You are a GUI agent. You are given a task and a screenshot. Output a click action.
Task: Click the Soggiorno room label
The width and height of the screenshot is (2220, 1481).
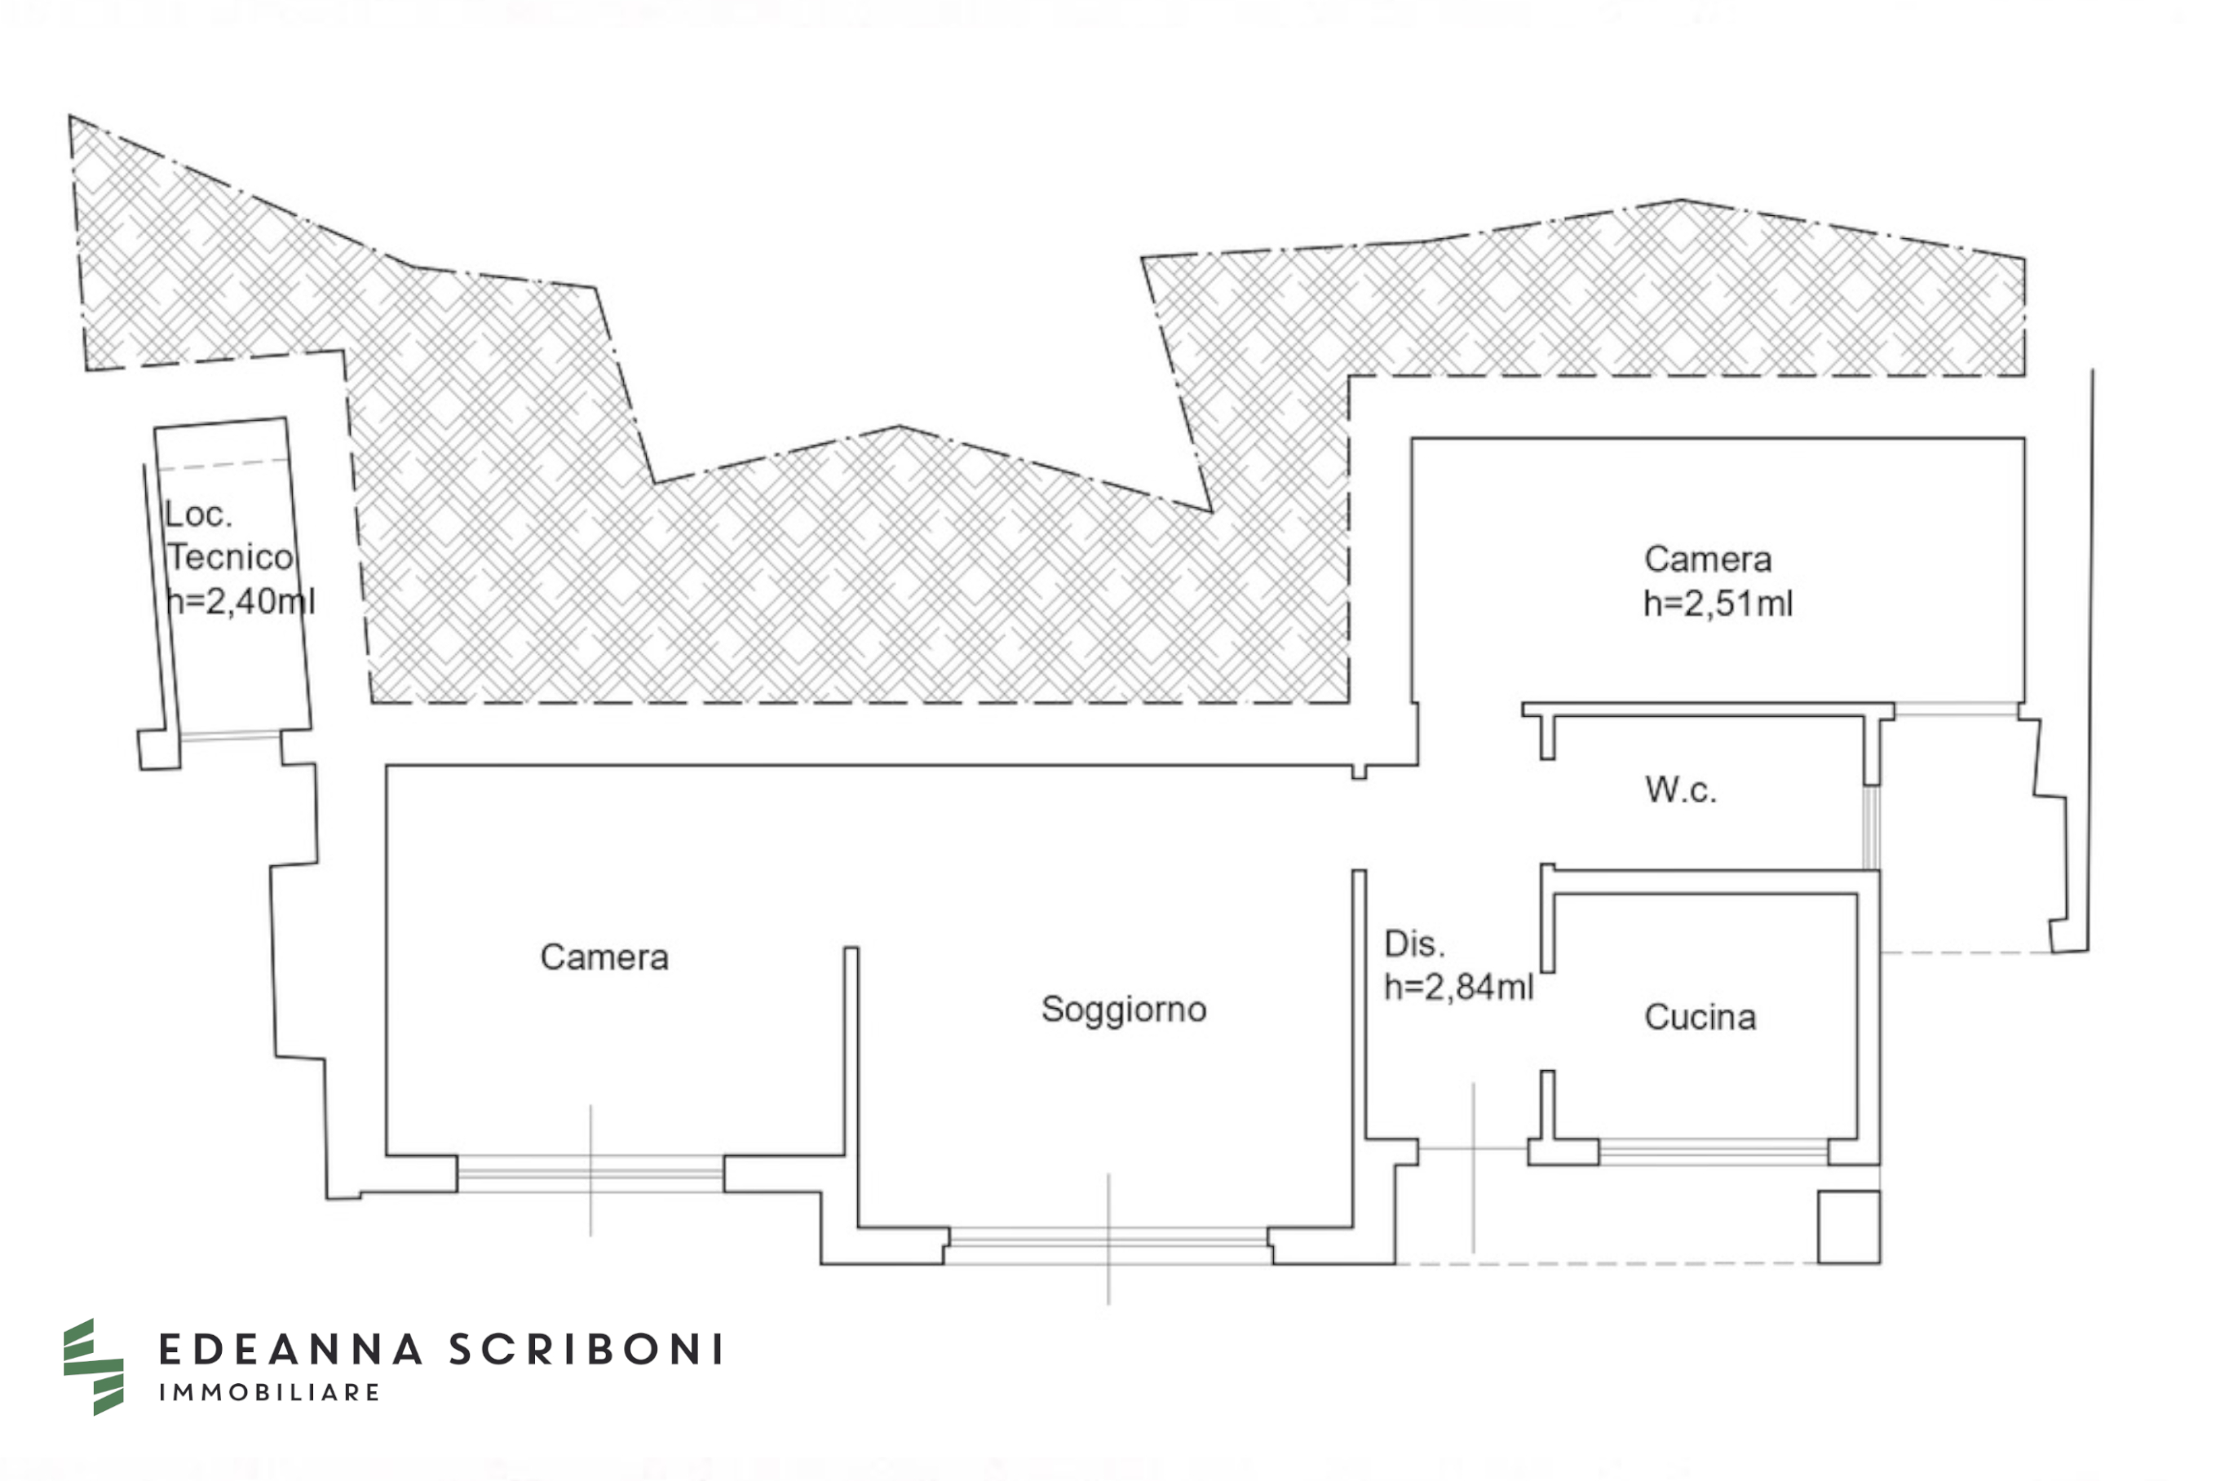pos(1124,1010)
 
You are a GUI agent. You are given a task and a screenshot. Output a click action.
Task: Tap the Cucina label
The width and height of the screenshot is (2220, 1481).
pos(1700,1017)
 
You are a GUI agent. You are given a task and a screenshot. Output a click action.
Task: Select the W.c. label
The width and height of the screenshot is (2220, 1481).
pos(1680,789)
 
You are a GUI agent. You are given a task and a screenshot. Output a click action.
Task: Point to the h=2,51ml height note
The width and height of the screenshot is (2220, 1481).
pos(1718,603)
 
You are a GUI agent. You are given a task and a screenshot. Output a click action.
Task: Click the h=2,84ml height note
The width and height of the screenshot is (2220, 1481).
pos(1458,987)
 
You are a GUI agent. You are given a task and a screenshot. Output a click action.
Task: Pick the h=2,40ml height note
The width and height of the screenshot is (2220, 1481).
pos(240,601)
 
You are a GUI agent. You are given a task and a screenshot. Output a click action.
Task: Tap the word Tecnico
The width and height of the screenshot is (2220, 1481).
pos(231,557)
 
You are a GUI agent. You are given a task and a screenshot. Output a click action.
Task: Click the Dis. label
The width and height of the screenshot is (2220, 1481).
pos(1413,944)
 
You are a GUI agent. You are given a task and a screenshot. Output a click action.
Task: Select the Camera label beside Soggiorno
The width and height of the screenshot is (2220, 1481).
pos(604,957)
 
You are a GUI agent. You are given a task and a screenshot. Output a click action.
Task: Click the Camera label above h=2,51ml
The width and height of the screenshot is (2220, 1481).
pos(1707,559)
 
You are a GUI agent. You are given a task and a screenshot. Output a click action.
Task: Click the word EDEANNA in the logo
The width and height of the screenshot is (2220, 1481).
pos(290,1350)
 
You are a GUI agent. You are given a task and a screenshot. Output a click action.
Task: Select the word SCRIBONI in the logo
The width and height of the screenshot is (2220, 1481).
pos(586,1350)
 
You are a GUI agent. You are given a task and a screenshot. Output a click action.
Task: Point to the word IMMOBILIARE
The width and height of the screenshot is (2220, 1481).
pos(269,1392)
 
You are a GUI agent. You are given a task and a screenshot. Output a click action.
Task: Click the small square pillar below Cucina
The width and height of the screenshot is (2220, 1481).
pos(1849,1227)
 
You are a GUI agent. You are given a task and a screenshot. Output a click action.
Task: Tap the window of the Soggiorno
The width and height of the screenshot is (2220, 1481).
pos(1108,1244)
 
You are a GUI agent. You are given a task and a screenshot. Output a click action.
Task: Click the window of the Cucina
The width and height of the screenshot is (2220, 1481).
pos(1713,1151)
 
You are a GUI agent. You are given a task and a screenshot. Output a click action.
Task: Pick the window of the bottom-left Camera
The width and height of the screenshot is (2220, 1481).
pos(590,1173)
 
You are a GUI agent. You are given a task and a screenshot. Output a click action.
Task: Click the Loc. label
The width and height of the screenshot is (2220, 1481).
pos(197,515)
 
